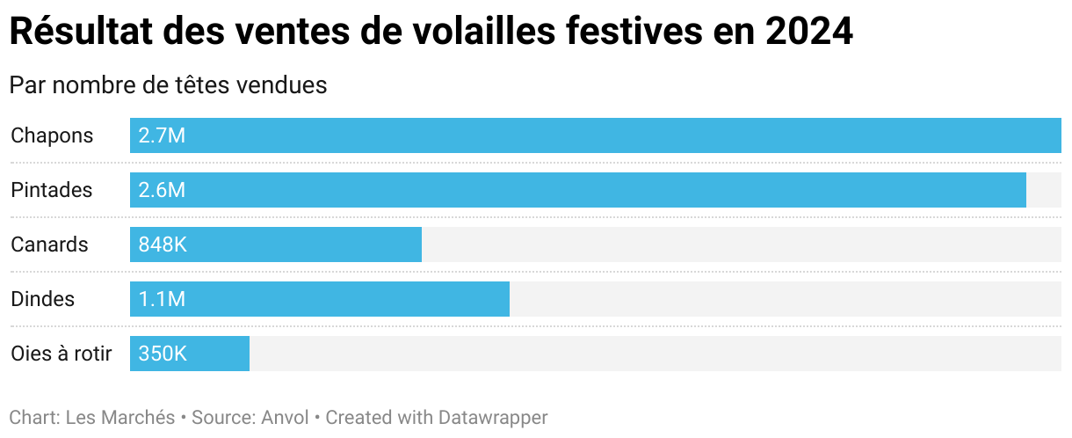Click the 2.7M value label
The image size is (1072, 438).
(x=162, y=135)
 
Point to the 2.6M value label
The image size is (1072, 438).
(x=162, y=190)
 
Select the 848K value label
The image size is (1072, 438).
(x=163, y=245)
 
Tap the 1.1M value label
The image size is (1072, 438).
(x=162, y=299)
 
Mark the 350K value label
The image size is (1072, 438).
(x=163, y=354)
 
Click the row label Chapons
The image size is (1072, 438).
(x=52, y=135)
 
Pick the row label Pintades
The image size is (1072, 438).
(x=51, y=190)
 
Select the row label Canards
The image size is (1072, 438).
(x=49, y=245)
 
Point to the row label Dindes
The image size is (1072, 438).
(x=42, y=299)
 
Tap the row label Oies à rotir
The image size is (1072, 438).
(x=62, y=354)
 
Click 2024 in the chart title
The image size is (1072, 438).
(x=808, y=33)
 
